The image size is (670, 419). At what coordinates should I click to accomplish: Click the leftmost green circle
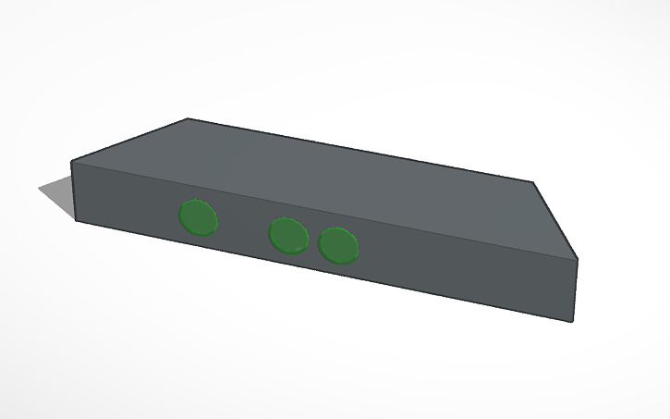pyautogui.click(x=199, y=217)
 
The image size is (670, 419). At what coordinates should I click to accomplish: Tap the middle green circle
pyautogui.click(x=288, y=235)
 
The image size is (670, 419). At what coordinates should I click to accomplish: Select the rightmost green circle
pyautogui.click(x=338, y=245)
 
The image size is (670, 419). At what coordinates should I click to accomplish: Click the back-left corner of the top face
pyautogui.click(x=189, y=119)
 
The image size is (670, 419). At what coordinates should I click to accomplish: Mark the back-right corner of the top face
pyautogui.click(x=533, y=182)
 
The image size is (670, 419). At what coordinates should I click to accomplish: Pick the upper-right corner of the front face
pyautogui.click(x=578, y=259)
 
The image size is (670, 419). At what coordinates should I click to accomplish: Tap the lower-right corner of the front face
pyautogui.click(x=573, y=322)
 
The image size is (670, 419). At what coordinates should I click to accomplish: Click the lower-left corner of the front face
pyautogui.click(x=76, y=221)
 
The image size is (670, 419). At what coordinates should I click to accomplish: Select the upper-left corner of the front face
pyautogui.click(x=72, y=162)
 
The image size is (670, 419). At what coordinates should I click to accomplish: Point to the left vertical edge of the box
pyautogui.click(x=74, y=191)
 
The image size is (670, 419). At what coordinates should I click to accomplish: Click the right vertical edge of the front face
pyautogui.click(x=576, y=290)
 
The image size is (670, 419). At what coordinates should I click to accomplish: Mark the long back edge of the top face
pyautogui.click(x=360, y=151)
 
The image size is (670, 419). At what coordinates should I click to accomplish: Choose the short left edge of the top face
pyautogui.click(x=130, y=141)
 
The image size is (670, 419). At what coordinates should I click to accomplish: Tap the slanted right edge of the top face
pyautogui.click(x=555, y=220)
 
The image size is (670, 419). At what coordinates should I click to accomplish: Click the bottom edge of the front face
pyautogui.click(x=323, y=272)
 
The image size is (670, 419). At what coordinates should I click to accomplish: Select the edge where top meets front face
pyautogui.click(x=323, y=210)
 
